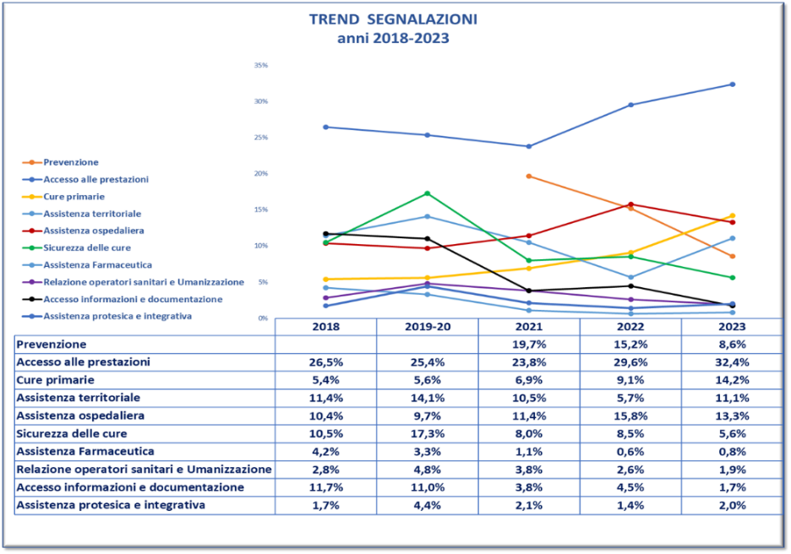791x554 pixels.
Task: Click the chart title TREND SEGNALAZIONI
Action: click(393, 19)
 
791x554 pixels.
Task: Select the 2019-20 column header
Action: click(427, 327)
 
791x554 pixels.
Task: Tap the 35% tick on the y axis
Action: click(261, 65)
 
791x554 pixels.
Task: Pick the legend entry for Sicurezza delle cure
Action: click(87, 247)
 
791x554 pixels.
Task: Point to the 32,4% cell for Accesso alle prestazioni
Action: click(732, 361)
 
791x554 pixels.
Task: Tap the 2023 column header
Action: click(732, 327)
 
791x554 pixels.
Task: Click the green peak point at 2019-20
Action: click(427, 193)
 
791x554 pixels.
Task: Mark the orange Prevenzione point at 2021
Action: click(529, 176)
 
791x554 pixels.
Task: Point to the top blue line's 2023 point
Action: click(732, 84)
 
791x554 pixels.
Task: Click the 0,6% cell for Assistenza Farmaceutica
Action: click(630, 452)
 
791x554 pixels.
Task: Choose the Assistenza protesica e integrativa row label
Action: click(112, 505)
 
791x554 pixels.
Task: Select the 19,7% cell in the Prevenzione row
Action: click(529, 345)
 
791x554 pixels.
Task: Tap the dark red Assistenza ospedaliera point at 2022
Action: click(630, 204)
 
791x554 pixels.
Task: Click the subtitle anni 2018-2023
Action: click(393, 38)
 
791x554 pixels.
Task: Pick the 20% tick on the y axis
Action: click(261, 173)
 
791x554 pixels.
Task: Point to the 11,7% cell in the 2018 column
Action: click(325, 487)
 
